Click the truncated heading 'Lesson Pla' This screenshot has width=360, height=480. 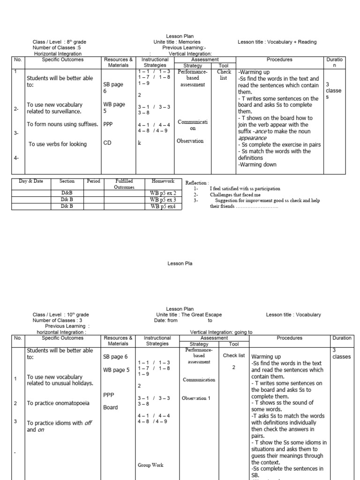click(180, 263)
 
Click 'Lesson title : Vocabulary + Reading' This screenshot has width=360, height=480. click(277, 42)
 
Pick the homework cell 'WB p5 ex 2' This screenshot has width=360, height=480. click(163, 193)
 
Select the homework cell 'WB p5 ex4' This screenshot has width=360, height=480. click(163, 206)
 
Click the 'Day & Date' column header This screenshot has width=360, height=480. click(31, 181)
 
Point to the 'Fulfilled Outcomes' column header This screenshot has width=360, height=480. click(124, 184)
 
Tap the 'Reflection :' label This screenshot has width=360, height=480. click(197, 183)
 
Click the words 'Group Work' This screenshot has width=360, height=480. click(150, 465)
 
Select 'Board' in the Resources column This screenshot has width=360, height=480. click(111, 407)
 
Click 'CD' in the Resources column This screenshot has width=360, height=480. click(107, 143)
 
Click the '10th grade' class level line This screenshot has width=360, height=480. click(60, 315)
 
